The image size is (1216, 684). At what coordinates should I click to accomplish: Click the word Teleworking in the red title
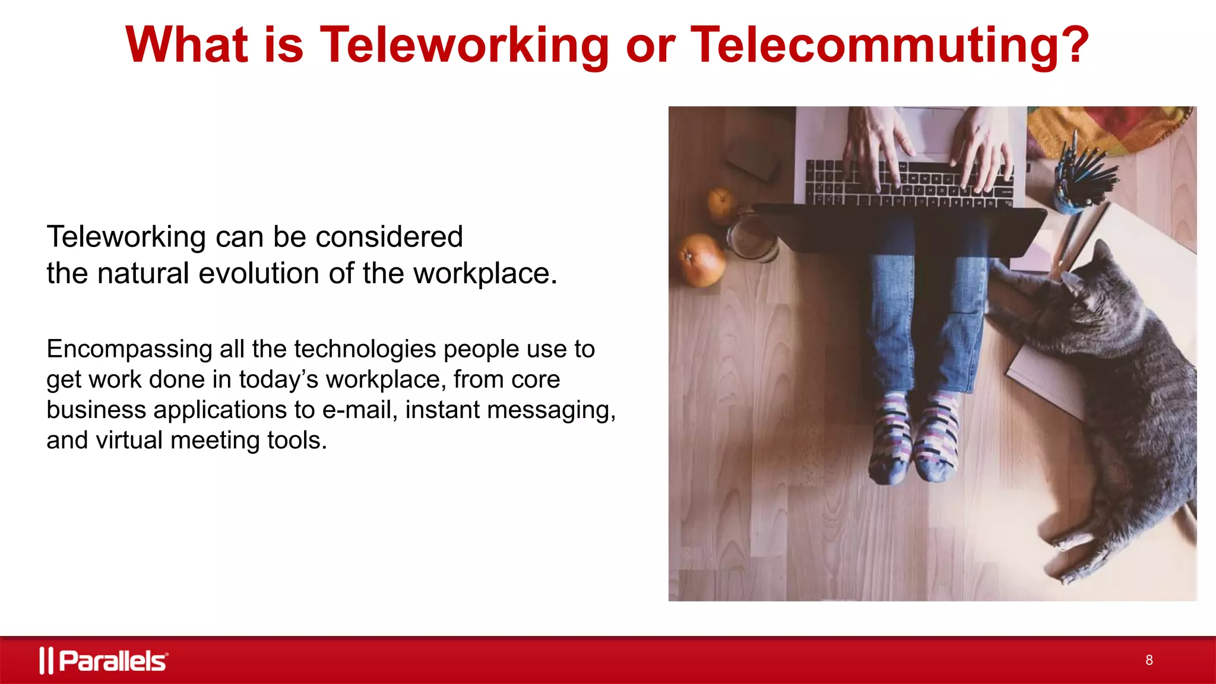464,45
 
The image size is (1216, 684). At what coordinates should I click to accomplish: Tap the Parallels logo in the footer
104,660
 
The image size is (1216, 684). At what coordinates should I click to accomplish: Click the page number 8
1149,660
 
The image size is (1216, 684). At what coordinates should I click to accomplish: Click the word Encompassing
129,349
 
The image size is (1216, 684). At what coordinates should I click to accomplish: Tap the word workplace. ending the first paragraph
485,274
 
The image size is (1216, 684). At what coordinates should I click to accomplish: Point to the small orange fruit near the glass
722,205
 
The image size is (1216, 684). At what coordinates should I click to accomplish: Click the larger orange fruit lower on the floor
702,260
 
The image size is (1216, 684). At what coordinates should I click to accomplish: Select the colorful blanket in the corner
1110,128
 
